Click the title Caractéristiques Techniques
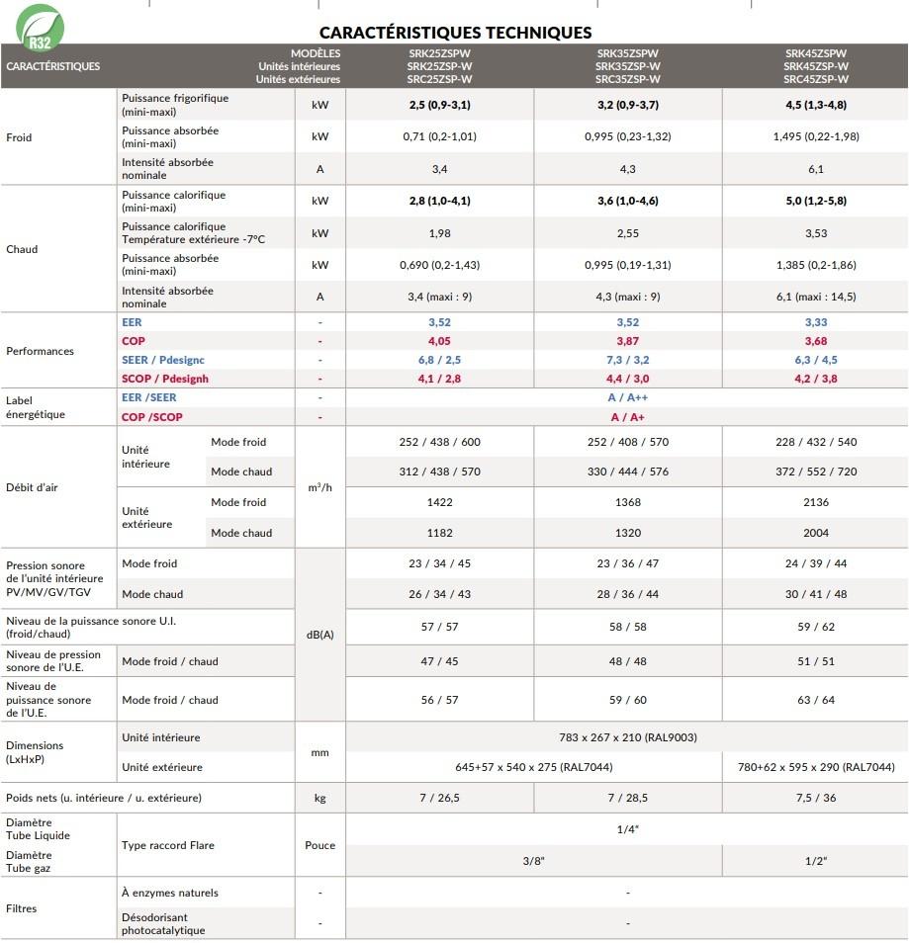point(456,33)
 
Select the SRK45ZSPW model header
point(815,53)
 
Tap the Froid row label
point(19,137)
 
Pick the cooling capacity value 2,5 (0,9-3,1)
point(439,105)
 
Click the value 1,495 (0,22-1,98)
point(815,136)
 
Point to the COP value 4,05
point(439,341)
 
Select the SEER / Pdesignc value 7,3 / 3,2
point(627,360)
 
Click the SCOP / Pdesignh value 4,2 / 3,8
point(815,379)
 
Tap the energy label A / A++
point(627,397)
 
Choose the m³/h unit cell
point(319,488)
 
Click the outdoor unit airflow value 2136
point(815,502)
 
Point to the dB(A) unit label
point(319,634)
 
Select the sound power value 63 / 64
point(815,700)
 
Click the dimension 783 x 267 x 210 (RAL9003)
point(627,737)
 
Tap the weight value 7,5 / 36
point(815,798)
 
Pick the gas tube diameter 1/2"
point(815,861)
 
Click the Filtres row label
point(21,907)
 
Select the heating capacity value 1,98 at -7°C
point(439,233)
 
